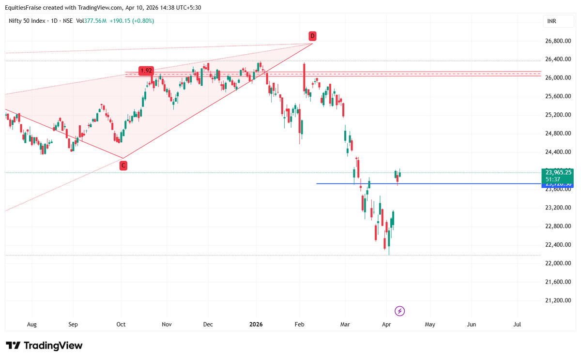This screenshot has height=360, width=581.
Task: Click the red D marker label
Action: pyautogui.click(x=313, y=36)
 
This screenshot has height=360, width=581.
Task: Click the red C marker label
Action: pyautogui.click(x=123, y=165)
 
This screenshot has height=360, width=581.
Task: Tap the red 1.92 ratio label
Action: pyautogui.click(x=146, y=71)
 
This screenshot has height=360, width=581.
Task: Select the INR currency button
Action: pyautogui.click(x=551, y=21)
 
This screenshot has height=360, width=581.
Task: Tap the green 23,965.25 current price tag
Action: pyautogui.click(x=558, y=172)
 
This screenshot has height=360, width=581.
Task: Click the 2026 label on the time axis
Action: pyautogui.click(x=256, y=324)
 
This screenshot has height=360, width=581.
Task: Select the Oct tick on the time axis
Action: pyautogui.click(x=121, y=324)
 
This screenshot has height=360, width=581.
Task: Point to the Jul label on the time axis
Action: pyautogui.click(x=517, y=324)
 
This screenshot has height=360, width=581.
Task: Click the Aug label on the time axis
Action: pyautogui.click(x=32, y=324)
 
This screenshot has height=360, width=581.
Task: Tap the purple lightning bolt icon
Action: pyautogui.click(x=400, y=311)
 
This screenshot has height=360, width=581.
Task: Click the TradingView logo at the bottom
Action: pyautogui.click(x=44, y=345)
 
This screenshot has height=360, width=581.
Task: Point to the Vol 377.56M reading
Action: pyautogui.click(x=91, y=21)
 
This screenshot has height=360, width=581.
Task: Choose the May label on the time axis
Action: pyautogui.click(x=430, y=324)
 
